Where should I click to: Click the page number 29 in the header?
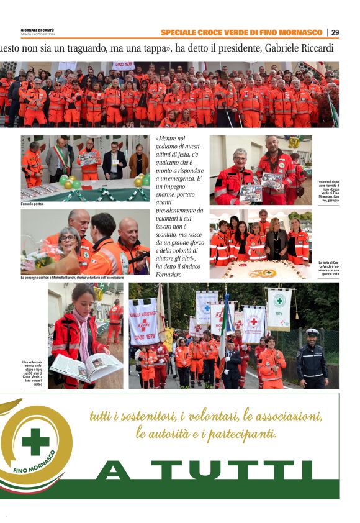pyautogui.click(x=335, y=32)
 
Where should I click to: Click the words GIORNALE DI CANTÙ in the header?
pyautogui.click(x=37, y=30)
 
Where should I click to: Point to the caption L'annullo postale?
pyautogui.click(x=33, y=203)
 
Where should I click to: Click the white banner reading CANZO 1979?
pyautogui.click(x=143, y=322)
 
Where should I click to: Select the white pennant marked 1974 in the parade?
pyautogui.click(x=279, y=309)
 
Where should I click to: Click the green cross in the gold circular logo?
pyautogui.click(x=35, y=440)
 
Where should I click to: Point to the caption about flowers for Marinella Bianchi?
pyautogui.click(x=84, y=277)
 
